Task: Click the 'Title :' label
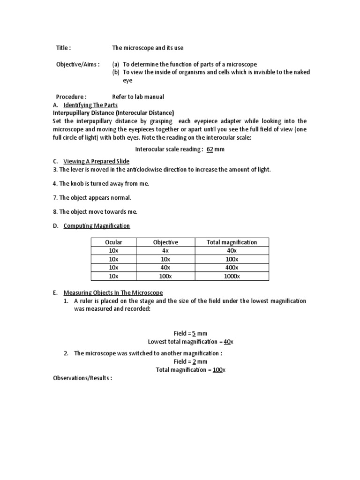coord(63,48)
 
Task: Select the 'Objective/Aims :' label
coord(78,64)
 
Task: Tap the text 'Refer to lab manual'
coord(138,97)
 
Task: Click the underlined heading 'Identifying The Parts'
coord(90,105)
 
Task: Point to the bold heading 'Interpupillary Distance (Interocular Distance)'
coord(113,113)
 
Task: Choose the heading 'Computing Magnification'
coord(97,226)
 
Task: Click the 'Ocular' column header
coord(113,242)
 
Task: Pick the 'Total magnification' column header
coord(232,242)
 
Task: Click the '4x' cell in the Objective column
coord(166,251)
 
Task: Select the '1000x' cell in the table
coord(232,276)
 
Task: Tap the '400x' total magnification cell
coord(232,268)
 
